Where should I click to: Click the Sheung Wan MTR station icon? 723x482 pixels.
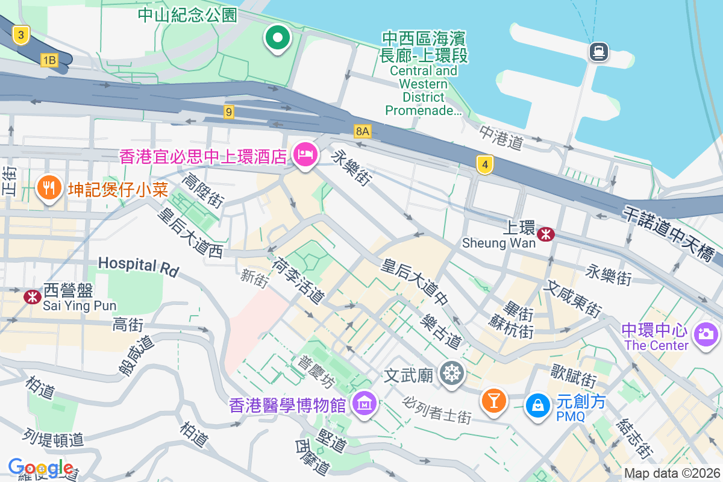[x=546, y=234]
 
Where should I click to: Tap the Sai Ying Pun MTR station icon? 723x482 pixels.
[x=31, y=296]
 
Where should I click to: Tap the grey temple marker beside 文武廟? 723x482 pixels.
[x=451, y=374]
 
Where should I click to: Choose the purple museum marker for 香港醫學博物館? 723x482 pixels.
[x=365, y=403]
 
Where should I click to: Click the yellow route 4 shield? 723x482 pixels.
[x=484, y=164]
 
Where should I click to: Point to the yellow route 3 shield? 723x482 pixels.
[x=21, y=36]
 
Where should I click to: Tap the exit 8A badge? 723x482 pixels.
[x=362, y=131]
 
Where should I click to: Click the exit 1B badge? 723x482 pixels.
[x=49, y=60]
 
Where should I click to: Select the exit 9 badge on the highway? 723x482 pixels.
[x=228, y=111]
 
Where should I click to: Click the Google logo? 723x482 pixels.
[x=40, y=467]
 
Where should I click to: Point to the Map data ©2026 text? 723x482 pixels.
[x=671, y=473]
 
